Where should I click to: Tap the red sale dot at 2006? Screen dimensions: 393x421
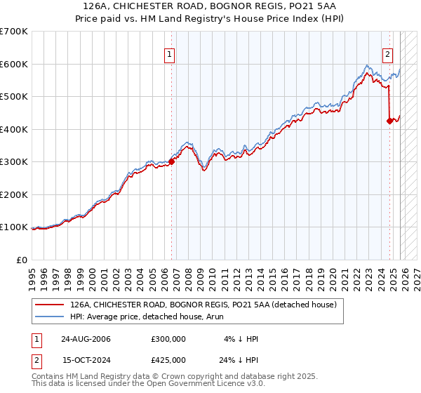click(x=171, y=161)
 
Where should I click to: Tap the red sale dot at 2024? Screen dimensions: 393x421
click(x=390, y=121)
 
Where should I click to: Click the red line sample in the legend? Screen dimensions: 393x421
click(x=50, y=305)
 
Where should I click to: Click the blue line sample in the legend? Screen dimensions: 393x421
click(x=50, y=317)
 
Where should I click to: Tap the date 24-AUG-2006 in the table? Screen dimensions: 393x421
click(x=86, y=339)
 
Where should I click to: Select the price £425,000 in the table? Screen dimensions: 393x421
click(x=168, y=359)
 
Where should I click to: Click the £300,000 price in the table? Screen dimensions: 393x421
click(x=168, y=339)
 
